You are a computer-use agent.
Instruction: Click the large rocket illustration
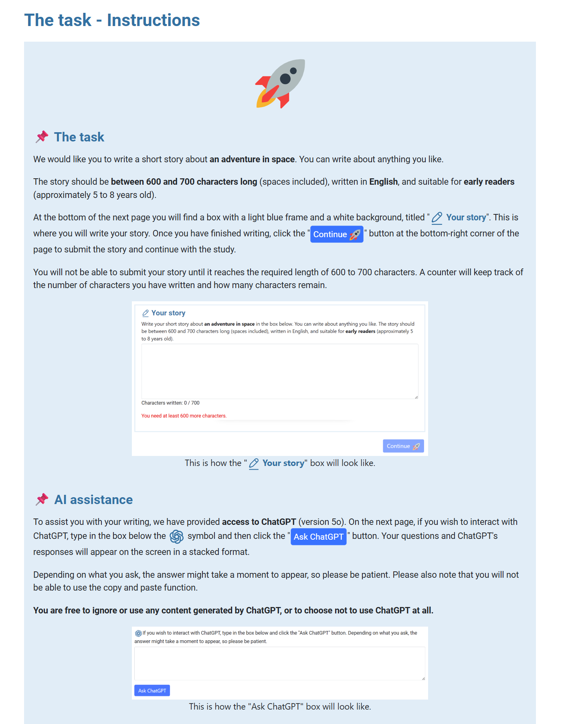coord(280,83)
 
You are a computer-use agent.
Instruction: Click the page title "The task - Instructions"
coord(112,20)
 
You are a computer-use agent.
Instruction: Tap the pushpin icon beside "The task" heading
coord(42,137)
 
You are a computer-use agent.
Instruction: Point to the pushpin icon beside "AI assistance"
coord(42,499)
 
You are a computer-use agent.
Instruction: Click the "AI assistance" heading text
coord(93,500)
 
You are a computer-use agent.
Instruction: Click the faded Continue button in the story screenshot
coord(403,446)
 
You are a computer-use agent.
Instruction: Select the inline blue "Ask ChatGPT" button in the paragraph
coord(318,536)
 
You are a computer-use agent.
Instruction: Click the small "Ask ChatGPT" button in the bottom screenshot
coord(152,690)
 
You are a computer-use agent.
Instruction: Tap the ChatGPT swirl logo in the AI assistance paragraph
coord(177,536)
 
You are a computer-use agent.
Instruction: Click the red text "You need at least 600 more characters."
coord(184,416)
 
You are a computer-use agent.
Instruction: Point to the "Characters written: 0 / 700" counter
coord(170,403)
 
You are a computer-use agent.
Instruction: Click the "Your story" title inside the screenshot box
coord(168,313)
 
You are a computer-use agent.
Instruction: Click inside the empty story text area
coord(279,371)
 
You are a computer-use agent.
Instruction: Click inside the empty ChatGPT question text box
coord(279,663)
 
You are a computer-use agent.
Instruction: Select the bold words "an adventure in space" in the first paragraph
coord(252,159)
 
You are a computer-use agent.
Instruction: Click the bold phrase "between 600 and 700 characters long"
coord(184,182)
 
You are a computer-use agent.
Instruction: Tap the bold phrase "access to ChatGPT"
coord(259,522)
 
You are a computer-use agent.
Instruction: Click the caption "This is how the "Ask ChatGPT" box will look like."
coord(280,706)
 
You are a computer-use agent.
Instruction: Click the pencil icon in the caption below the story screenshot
coord(254,464)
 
